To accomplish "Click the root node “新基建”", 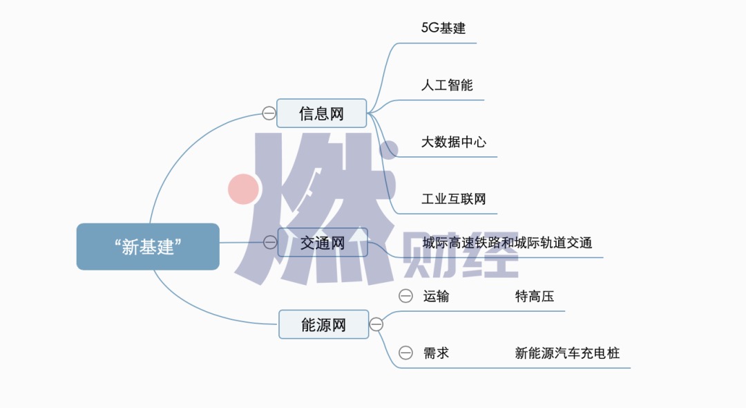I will click(148, 247).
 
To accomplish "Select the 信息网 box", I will click(321, 113).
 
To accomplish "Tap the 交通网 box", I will click(323, 242).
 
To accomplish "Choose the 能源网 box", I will click(323, 324).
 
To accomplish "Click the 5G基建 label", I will click(443, 28).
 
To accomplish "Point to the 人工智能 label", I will click(447, 85).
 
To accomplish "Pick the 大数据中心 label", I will click(454, 142).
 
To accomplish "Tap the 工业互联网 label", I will click(454, 199).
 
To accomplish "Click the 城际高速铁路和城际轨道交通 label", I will click(507, 243).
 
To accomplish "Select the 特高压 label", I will click(535, 297).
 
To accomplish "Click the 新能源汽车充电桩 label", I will click(567, 353).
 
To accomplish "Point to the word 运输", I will click(436, 297).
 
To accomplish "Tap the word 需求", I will click(436, 353).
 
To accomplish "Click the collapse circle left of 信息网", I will click(269, 113).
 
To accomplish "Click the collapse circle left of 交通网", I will click(270, 242).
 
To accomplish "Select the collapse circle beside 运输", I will click(405, 297).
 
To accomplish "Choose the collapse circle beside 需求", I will click(405, 353).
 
